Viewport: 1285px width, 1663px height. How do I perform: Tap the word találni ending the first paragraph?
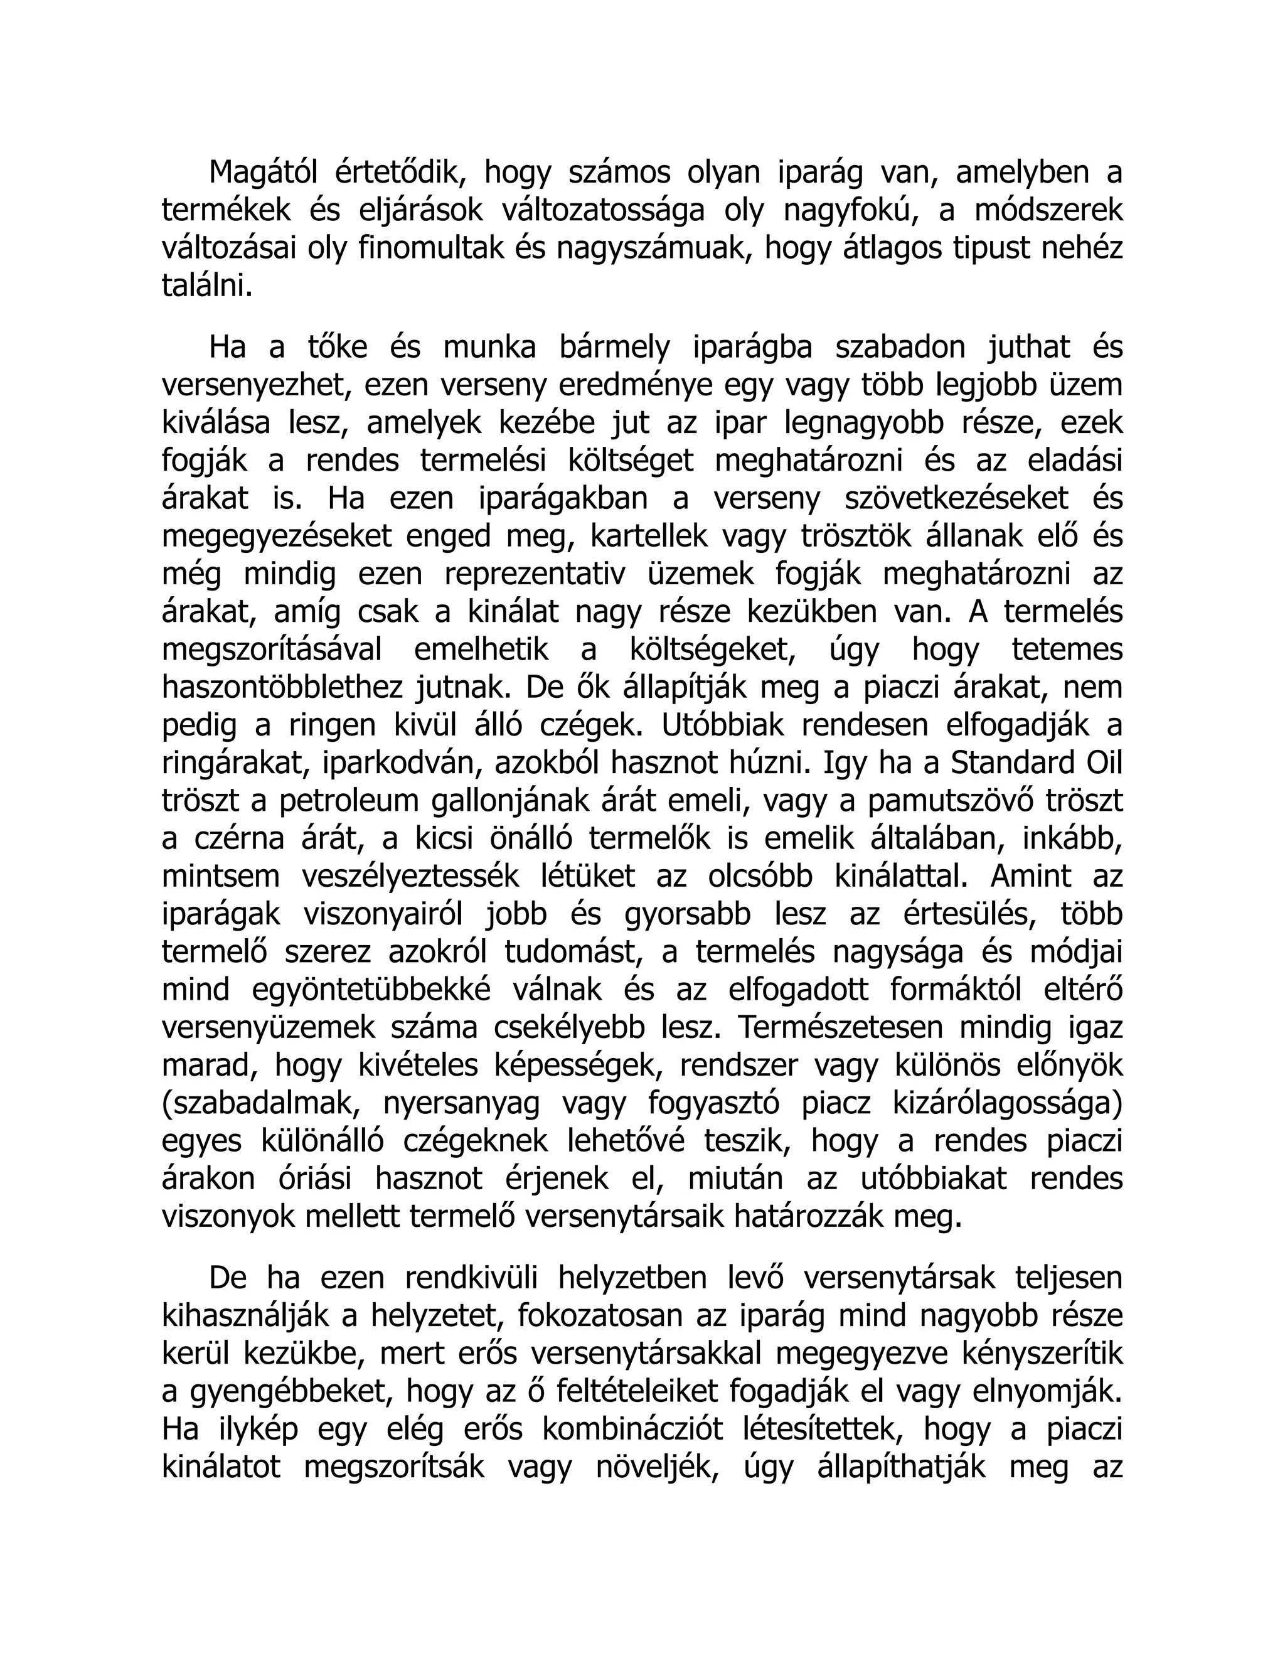pos(206,287)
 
